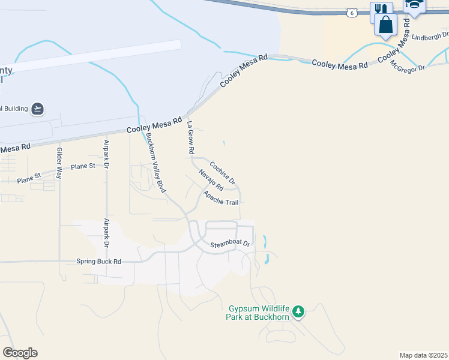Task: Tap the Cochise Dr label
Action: point(222,172)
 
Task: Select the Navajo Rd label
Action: point(211,180)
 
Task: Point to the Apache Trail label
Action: point(221,199)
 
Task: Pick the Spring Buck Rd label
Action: point(99,262)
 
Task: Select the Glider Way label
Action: point(59,163)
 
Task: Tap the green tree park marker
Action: point(298,312)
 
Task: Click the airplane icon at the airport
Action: point(37,108)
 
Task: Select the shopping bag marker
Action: point(385,25)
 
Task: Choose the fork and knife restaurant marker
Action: point(381,10)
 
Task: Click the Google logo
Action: point(20,353)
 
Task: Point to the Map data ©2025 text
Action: point(423,355)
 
